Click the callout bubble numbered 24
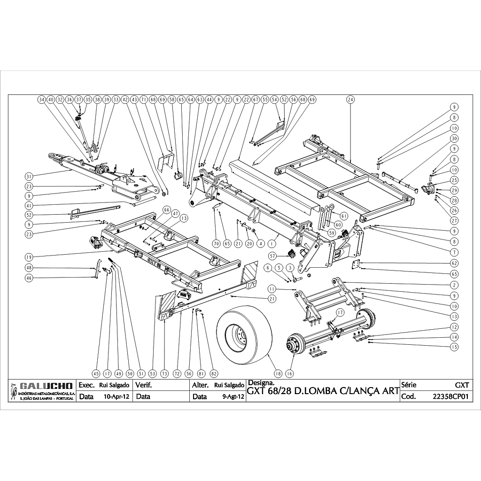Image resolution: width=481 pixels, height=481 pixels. pyautogui.click(x=351, y=100)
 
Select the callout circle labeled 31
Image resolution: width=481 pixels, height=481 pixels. pyautogui.click(x=29, y=177)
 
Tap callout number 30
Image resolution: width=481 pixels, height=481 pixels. pyautogui.click(x=454, y=139)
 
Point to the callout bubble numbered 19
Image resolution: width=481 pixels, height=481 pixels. pyautogui.click(x=29, y=257)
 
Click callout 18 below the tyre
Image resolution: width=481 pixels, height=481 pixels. pyautogui.click(x=279, y=373)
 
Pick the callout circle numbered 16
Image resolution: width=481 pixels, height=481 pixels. pyautogui.click(x=289, y=373)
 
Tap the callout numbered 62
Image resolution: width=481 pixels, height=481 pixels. pyautogui.click(x=454, y=263)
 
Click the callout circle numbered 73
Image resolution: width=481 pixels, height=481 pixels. pyautogui.click(x=164, y=373)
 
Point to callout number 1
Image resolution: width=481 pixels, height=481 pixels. pyautogui.click(x=271, y=243)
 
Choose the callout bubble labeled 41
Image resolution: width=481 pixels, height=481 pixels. pyautogui.click(x=29, y=205)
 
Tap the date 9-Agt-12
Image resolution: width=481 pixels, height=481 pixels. pyautogui.click(x=233, y=396)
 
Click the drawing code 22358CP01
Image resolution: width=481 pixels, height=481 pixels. pyautogui.click(x=451, y=396)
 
